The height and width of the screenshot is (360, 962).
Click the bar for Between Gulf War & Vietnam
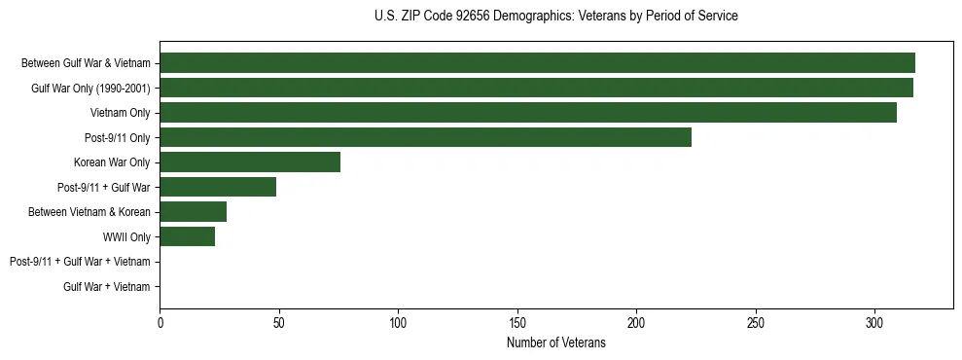537,63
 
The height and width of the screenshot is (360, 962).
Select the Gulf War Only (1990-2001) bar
536,89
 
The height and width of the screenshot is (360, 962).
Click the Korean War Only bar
250,162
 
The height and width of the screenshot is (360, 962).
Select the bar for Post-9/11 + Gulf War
218,187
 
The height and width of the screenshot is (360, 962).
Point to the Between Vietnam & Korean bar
193,212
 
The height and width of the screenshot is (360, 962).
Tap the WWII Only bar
187,236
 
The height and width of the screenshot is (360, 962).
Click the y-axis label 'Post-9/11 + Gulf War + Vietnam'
80,262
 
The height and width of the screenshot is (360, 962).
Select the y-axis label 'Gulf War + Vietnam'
107,286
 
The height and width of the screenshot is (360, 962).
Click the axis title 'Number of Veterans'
556,342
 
